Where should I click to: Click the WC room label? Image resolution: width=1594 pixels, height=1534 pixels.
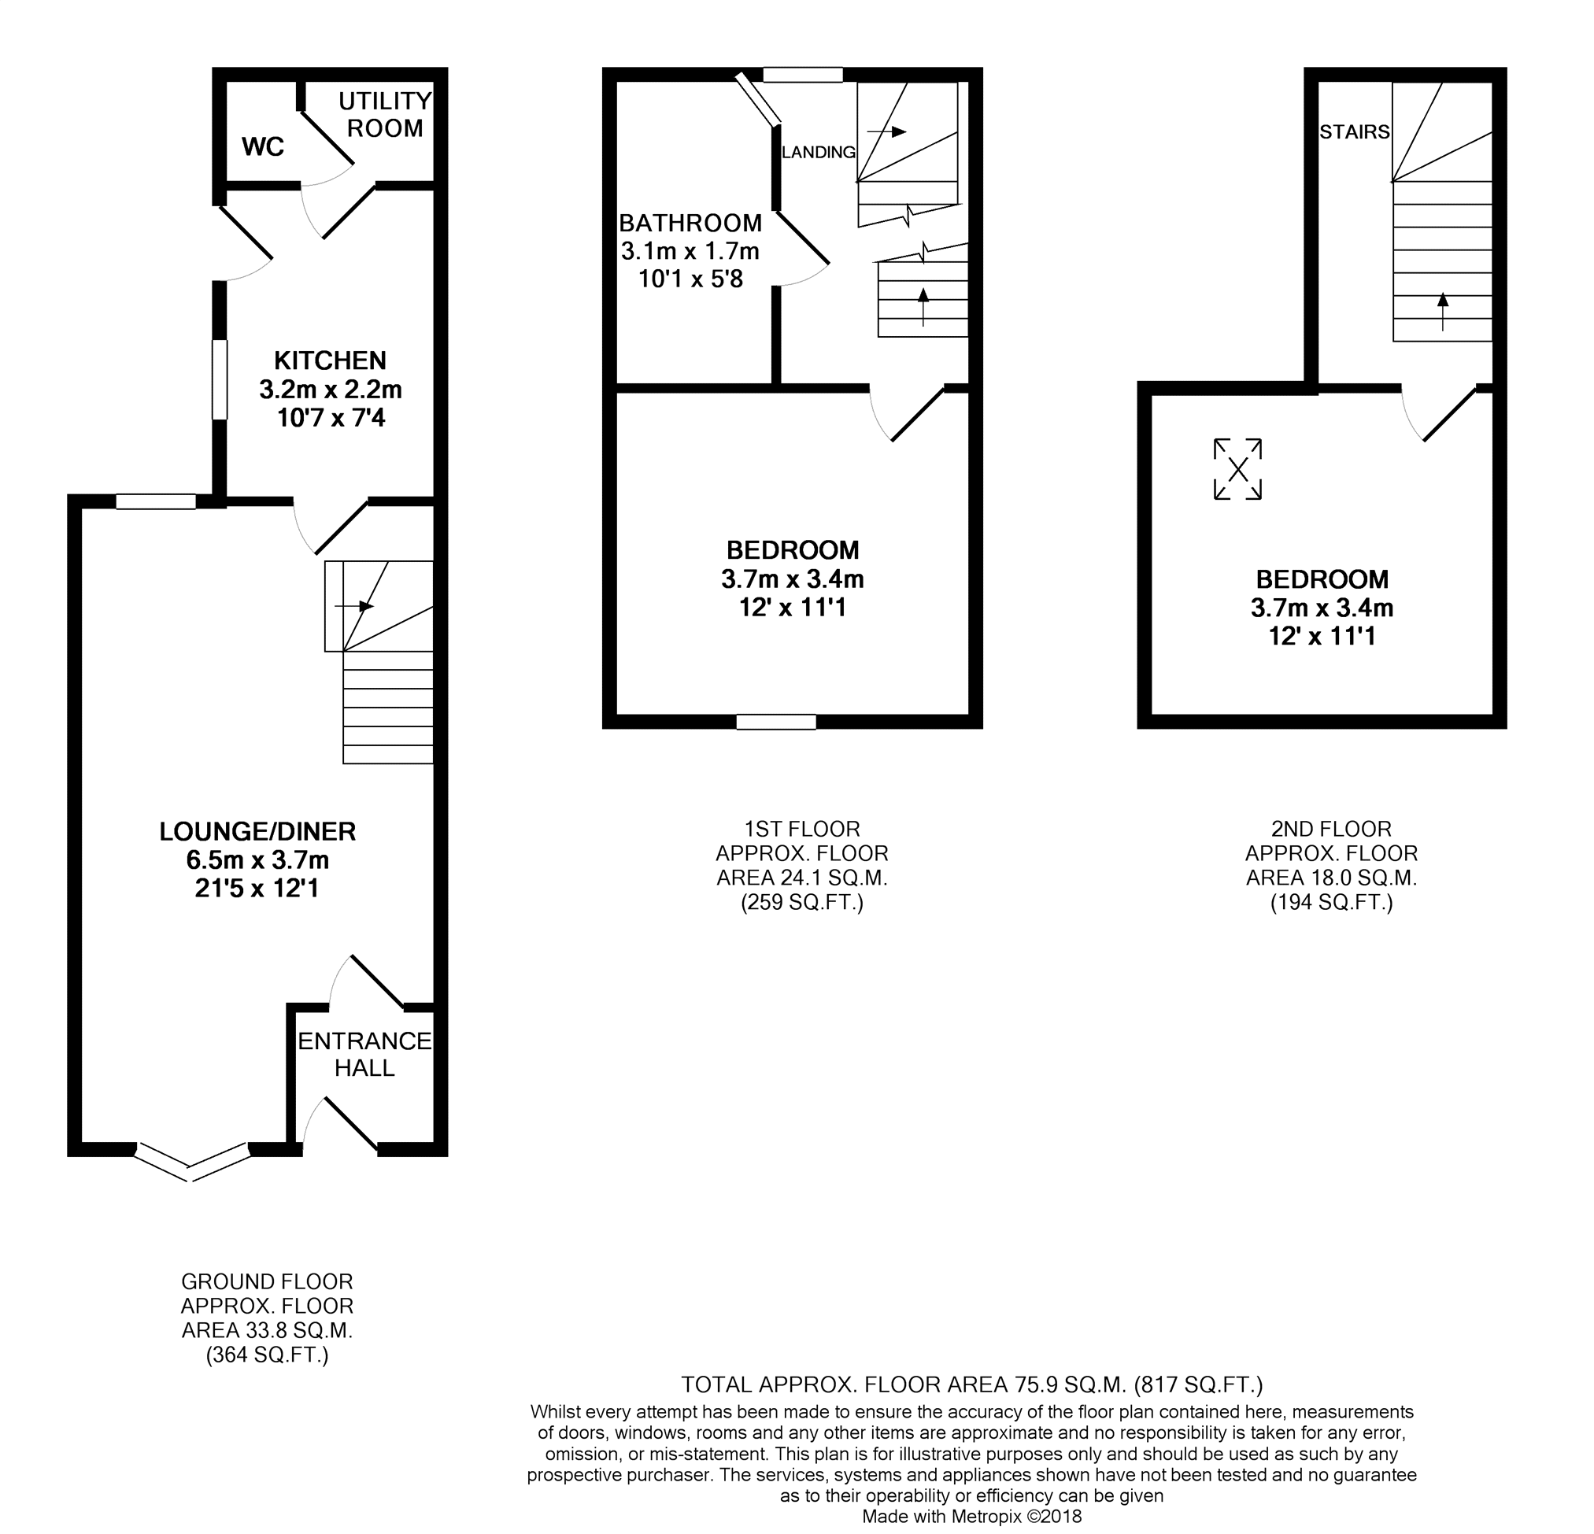[x=263, y=147]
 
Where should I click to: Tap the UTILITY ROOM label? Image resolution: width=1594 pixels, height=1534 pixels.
[x=385, y=115]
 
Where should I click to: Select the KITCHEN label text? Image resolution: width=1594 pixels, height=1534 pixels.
[x=330, y=360]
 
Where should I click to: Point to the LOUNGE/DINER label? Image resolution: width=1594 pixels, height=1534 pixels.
[x=258, y=831]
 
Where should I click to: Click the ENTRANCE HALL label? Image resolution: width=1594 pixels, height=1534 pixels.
[x=364, y=1054]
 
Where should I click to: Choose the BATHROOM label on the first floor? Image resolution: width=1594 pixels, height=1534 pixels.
[x=690, y=223]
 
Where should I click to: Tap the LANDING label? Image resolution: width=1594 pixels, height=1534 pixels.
[x=818, y=152]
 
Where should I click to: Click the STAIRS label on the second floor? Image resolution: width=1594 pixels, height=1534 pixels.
[x=1354, y=131]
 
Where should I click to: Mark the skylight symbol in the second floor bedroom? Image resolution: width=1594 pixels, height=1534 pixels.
[x=1237, y=469]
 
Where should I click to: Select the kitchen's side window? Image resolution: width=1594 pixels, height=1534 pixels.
[x=220, y=380]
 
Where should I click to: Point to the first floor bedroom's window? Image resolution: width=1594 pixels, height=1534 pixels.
[x=777, y=722]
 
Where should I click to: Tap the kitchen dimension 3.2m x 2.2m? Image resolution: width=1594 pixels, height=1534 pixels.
[x=331, y=390]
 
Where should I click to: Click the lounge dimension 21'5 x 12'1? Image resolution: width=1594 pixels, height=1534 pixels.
[x=257, y=888]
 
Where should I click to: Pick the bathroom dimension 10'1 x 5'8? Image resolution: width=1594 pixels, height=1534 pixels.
[x=690, y=279]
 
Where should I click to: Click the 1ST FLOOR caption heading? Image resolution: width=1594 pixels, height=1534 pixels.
[x=802, y=830]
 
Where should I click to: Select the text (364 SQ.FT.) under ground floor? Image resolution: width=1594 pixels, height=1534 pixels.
[x=267, y=1355]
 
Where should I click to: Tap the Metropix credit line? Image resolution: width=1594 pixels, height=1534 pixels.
[x=972, y=1516]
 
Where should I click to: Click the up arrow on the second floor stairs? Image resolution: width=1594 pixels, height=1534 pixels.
[x=1443, y=311]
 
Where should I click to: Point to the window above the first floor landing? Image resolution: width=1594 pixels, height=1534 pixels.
[x=803, y=75]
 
